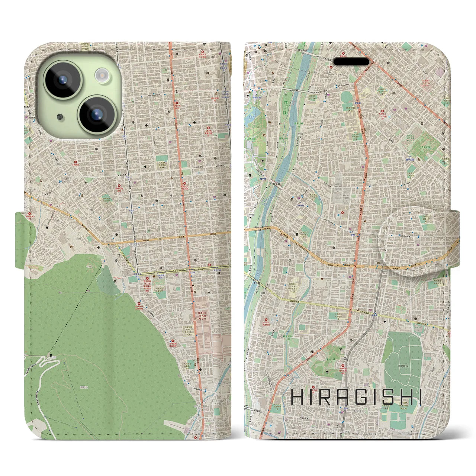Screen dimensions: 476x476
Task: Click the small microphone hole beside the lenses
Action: [x=60, y=117]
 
